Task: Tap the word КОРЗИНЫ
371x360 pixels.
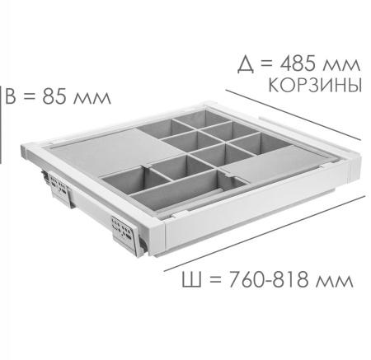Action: click(x=315, y=85)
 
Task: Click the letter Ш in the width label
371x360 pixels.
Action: click(x=191, y=279)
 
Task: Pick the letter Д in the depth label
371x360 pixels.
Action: click(x=246, y=65)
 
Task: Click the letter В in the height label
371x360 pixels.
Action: click(x=11, y=96)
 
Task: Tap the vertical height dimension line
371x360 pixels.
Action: click(x=1, y=124)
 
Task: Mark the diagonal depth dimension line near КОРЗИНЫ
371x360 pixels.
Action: click(x=293, y=115)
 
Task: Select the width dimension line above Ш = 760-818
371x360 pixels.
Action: click(x=265, y=233)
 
